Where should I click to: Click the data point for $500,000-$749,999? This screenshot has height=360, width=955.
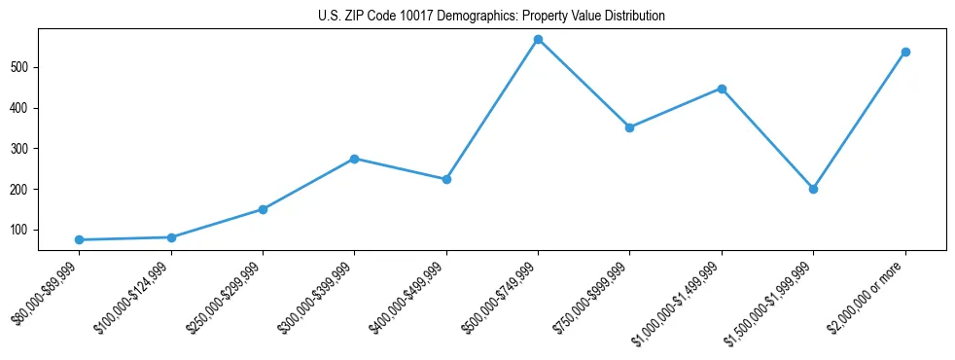coord(538,39)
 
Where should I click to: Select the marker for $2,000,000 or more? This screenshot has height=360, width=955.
coord(905,52)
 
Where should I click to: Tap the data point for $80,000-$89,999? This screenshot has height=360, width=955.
coord(79,239)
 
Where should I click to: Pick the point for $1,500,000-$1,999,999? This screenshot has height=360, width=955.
coord(813,189)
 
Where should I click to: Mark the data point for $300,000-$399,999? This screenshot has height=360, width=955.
coord(354,159)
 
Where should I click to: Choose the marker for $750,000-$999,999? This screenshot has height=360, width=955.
coord(629,127)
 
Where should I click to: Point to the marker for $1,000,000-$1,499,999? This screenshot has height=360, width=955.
coord(722,89)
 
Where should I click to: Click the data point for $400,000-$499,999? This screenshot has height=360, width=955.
coord(446,179)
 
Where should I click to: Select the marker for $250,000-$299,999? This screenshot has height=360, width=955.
coord(263,209)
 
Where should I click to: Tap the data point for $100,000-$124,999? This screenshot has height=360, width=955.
coord(171,237)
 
